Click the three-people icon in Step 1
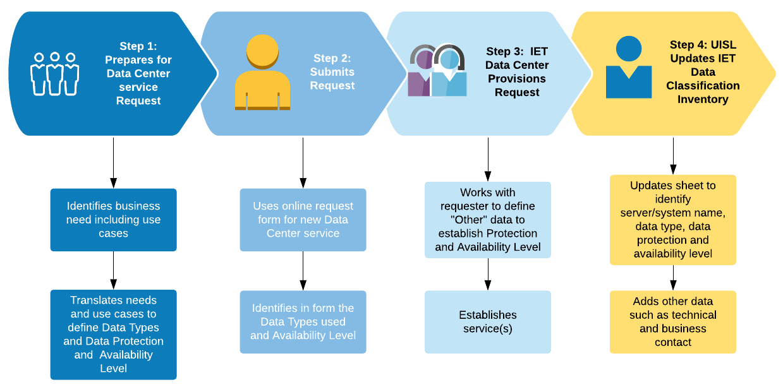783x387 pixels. tap(54, 73)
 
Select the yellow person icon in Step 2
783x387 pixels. tap(262, 73)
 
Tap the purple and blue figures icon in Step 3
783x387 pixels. tap(437, 71)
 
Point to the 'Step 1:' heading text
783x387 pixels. tap(138, 46)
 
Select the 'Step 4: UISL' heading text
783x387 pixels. tap(703, 45)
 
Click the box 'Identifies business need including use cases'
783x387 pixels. tap(114, 220)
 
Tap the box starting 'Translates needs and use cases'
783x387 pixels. tap(114, 335)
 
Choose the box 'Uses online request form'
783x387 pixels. tap(303, 220)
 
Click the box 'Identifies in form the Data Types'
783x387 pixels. tap(303, 322)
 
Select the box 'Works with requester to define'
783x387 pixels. tap(487, 220)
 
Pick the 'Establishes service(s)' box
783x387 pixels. tap(487, 322)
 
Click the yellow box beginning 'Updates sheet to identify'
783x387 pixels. tap(672, 220)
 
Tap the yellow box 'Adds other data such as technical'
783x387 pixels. tap(672, 322)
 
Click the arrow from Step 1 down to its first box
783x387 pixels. tap(114, 162)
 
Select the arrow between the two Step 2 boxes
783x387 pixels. tap(303, 271)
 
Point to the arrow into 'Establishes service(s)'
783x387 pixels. tap(487, 274)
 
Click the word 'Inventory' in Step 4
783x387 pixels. tap(703, 99)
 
